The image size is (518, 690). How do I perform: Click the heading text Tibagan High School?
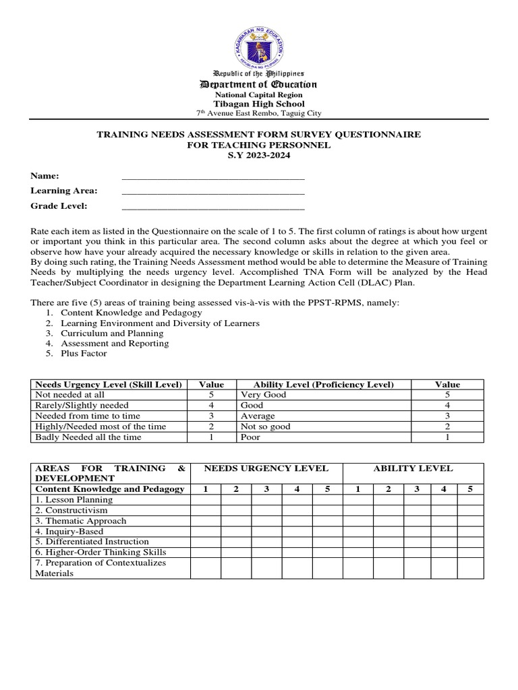259,104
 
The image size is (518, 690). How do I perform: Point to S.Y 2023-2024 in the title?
259,156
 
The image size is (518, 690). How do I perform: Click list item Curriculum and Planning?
112,333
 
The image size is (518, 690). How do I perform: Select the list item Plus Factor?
84,353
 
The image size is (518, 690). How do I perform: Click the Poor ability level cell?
250,437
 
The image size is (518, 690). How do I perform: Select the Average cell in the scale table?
257,416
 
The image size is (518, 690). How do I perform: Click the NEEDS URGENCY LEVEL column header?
266,468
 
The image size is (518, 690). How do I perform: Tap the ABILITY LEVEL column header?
413,468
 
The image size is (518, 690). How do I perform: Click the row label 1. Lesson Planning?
74,500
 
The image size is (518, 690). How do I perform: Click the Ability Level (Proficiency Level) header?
323,384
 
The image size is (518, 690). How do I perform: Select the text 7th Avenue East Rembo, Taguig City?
259,114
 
